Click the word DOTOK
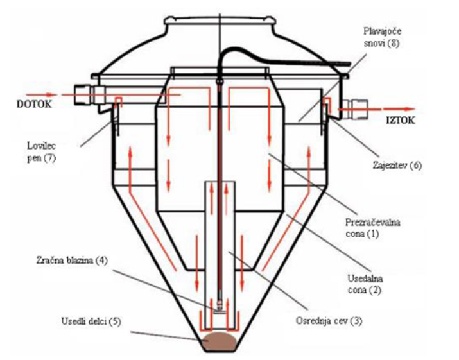(34, 104)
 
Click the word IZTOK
(400, 120)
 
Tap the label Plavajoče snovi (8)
(383, 37)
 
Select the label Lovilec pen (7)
(42, 151)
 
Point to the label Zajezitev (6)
(397, 166)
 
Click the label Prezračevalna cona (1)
(372, 228)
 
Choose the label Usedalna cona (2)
(365, 284)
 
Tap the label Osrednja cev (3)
(329, 321)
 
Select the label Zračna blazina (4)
(72, 260)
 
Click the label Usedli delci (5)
(91, 321)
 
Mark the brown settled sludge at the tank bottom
(220, 341)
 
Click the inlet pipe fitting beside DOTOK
(84, 94)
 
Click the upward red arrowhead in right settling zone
(309, 150)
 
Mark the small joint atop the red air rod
(220, 81)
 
